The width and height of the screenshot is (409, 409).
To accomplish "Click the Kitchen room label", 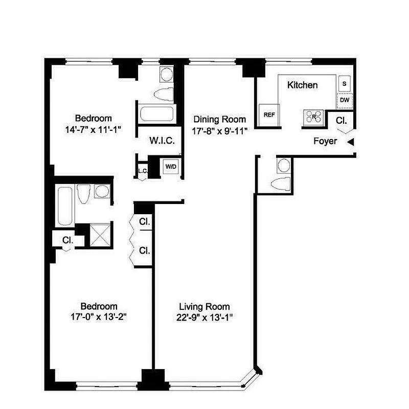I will tap(302, 85).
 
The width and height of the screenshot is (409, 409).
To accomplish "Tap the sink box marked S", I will tap(344, 83).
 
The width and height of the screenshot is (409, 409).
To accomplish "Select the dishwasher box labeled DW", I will tap(344, 101).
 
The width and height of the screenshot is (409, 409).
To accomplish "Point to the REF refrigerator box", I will tap(269, 115).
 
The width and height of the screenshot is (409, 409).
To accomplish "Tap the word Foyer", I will tap(325, 141).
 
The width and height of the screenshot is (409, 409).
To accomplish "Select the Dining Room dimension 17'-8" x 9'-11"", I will tap(220, 130).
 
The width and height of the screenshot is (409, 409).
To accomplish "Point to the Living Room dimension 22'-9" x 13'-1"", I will tap(204, 316).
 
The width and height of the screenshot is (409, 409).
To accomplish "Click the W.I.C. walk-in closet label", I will tap(163, 141).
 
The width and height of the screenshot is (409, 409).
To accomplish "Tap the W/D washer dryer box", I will tap(170, 166).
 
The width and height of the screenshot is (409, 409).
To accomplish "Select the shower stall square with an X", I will tap(101, 236).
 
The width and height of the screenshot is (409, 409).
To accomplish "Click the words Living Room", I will tap(204, 307).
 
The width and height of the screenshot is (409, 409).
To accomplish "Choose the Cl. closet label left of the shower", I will tap(67, 239).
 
